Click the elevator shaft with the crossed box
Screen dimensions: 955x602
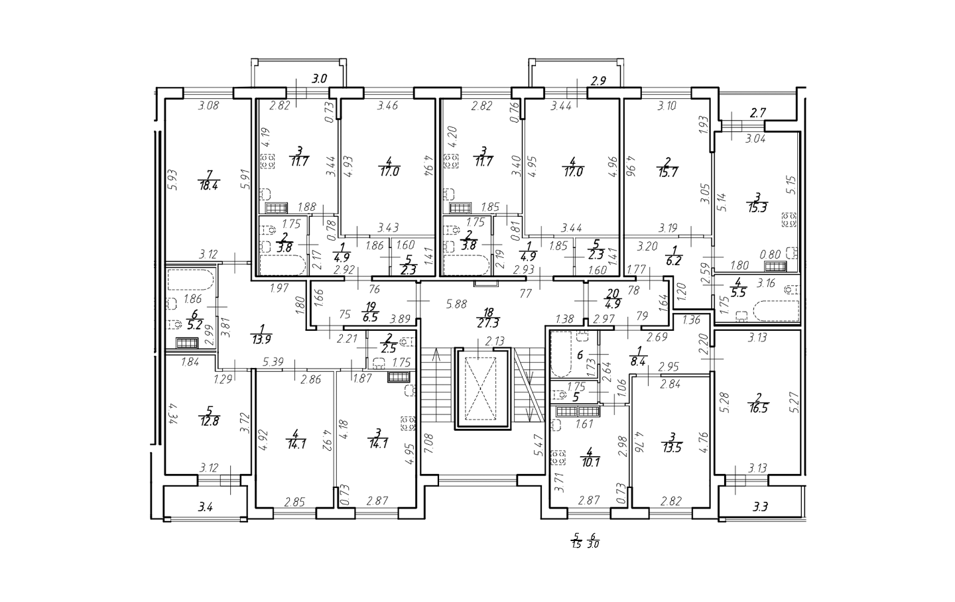(481, 389)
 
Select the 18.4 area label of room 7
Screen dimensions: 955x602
(208, 186)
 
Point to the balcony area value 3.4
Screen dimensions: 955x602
(206, 507)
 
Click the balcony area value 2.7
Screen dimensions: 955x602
(757, 113)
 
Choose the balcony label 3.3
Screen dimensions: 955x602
(761, 507)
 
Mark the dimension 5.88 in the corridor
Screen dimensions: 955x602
(456, 304)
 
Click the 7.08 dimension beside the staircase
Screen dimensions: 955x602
(429, 444)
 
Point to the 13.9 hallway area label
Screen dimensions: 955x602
(262, 339)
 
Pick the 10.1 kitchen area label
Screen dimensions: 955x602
(590, 462)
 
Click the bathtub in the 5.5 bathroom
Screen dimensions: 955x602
(776, 311)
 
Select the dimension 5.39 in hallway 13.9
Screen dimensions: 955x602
(273, 362)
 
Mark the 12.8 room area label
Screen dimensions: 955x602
(209, 422)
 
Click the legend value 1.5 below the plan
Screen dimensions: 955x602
(576, 544)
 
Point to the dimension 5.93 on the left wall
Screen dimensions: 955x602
(172, 180)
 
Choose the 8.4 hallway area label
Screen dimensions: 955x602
(638, 363)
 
